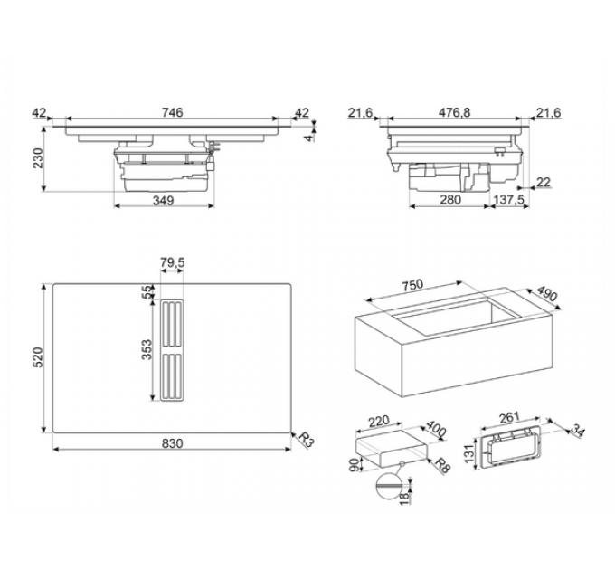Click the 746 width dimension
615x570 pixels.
(173, 112)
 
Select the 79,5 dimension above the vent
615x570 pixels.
(172, 263)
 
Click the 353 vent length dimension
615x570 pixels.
(146, 350)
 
